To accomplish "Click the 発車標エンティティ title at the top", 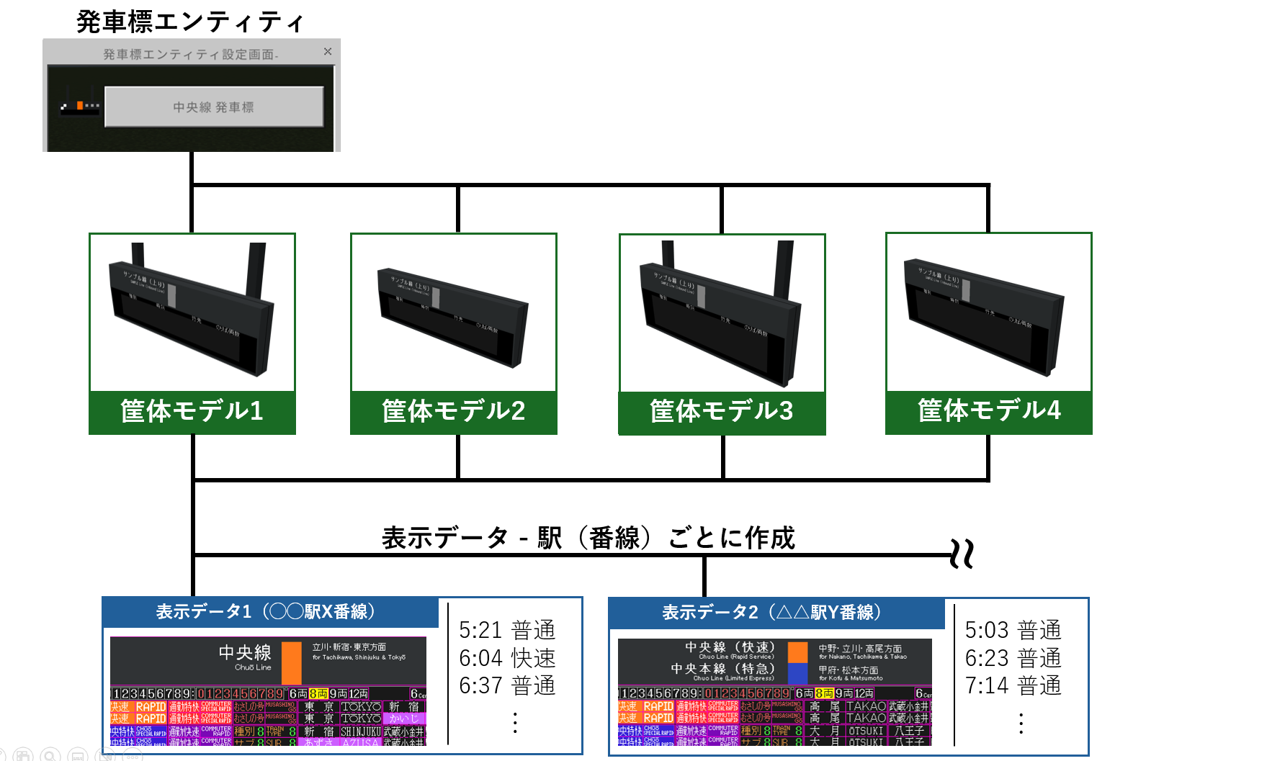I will pos(190,22).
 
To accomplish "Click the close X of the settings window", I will pos(328,51).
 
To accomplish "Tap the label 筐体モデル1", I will pos(192,411).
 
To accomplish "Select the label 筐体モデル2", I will pos(453,411).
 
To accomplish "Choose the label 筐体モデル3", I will pos(721,411).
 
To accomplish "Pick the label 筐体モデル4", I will pos(988,410).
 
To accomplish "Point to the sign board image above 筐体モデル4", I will pos(987,315).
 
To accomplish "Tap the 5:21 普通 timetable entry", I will pos(507,630).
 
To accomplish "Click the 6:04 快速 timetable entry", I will pos(507,658).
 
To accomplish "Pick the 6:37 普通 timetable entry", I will pos(507,685).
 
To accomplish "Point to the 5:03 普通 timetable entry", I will pos(1013,630).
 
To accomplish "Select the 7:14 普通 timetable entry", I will pos(1013,685).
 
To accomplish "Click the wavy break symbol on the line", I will pos(962,554).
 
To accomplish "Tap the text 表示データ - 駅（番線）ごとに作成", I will pos(588,537).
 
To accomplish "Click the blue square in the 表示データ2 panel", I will pos(797,674).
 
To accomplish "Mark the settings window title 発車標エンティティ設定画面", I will pos(190,54).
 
